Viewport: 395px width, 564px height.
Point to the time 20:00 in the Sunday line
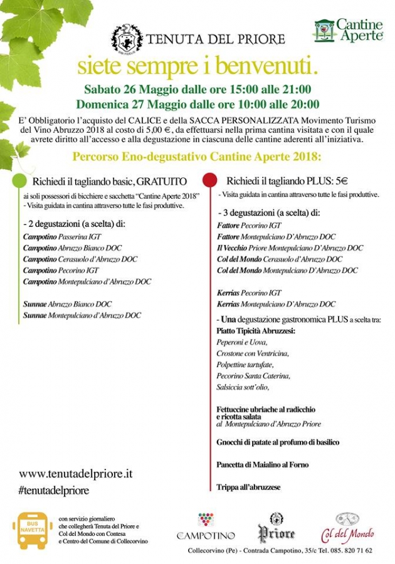click(305, 104)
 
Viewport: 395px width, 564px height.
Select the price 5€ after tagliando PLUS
click(322, 180)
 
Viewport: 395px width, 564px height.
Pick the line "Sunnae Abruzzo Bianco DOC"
click(68, 304)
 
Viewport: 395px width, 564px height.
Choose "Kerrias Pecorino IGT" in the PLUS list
click(250, 293)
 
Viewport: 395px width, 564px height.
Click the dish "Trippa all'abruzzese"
click(248, 487)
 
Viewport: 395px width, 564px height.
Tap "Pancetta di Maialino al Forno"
click(263, 465)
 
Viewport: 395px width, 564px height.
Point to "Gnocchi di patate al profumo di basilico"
click(278, 442)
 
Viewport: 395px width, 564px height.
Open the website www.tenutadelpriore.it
click(76, 474)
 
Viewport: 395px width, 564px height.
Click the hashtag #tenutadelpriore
click(54, 490)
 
